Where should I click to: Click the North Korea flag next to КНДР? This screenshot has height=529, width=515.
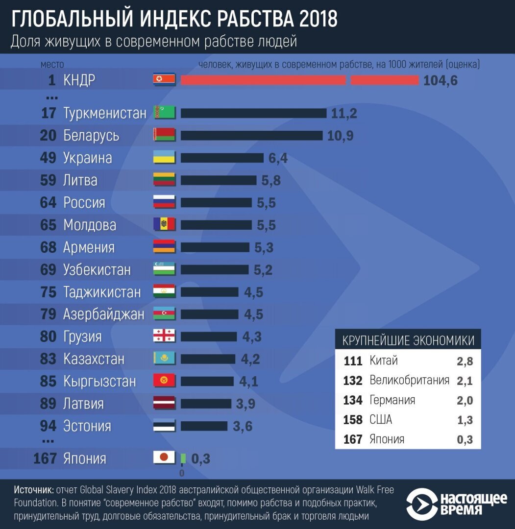(164, 80)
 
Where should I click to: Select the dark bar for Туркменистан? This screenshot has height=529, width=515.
(253, 113)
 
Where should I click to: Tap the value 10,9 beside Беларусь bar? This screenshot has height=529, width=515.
(340, 136)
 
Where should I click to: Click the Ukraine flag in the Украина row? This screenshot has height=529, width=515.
(164, 158)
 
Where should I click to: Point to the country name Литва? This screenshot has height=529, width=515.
(80, 180)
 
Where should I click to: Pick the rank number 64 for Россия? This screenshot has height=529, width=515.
(49, 203)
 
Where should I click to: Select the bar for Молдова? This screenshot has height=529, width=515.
(216, 225)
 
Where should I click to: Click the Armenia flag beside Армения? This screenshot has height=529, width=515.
(164, 247)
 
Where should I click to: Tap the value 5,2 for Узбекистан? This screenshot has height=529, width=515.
(263, 270)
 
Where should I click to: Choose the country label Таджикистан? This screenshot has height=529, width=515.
(102, 292)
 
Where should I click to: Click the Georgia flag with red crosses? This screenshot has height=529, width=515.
(164, 337)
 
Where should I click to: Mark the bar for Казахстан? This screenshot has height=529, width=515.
(208, 359)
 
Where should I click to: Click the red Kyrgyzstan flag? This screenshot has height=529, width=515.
(164, 381)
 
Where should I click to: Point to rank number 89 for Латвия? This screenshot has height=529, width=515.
(49, 404)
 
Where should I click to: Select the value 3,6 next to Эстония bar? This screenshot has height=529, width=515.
(243, 426)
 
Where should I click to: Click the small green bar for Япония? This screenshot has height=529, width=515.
(183, 458)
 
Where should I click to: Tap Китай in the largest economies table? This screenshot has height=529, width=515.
(384, 361)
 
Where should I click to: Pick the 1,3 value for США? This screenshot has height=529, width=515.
(465, 420)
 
